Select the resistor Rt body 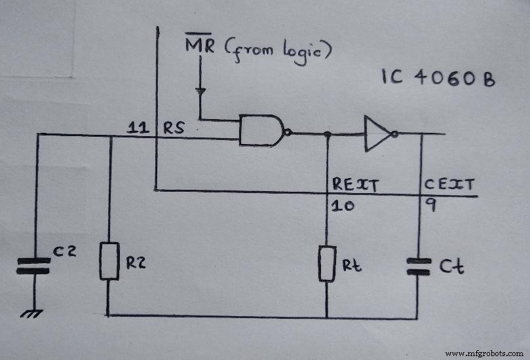[327, 264]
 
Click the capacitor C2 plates [33, 264]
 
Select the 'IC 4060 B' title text [438, 79]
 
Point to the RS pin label [174, 128]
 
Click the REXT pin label [354, 185]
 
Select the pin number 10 [343, 206]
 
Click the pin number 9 [431, 206]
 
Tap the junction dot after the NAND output [327, 134]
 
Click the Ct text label [451, 266]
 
